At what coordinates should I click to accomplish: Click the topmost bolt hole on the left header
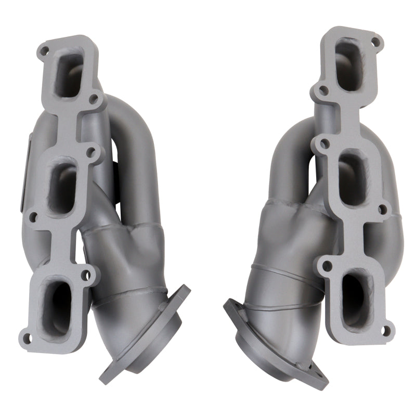(x=45, y=50)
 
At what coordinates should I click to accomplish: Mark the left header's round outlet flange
(x=146, y=333)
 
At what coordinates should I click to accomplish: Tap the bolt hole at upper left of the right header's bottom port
(x=327, y=266)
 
